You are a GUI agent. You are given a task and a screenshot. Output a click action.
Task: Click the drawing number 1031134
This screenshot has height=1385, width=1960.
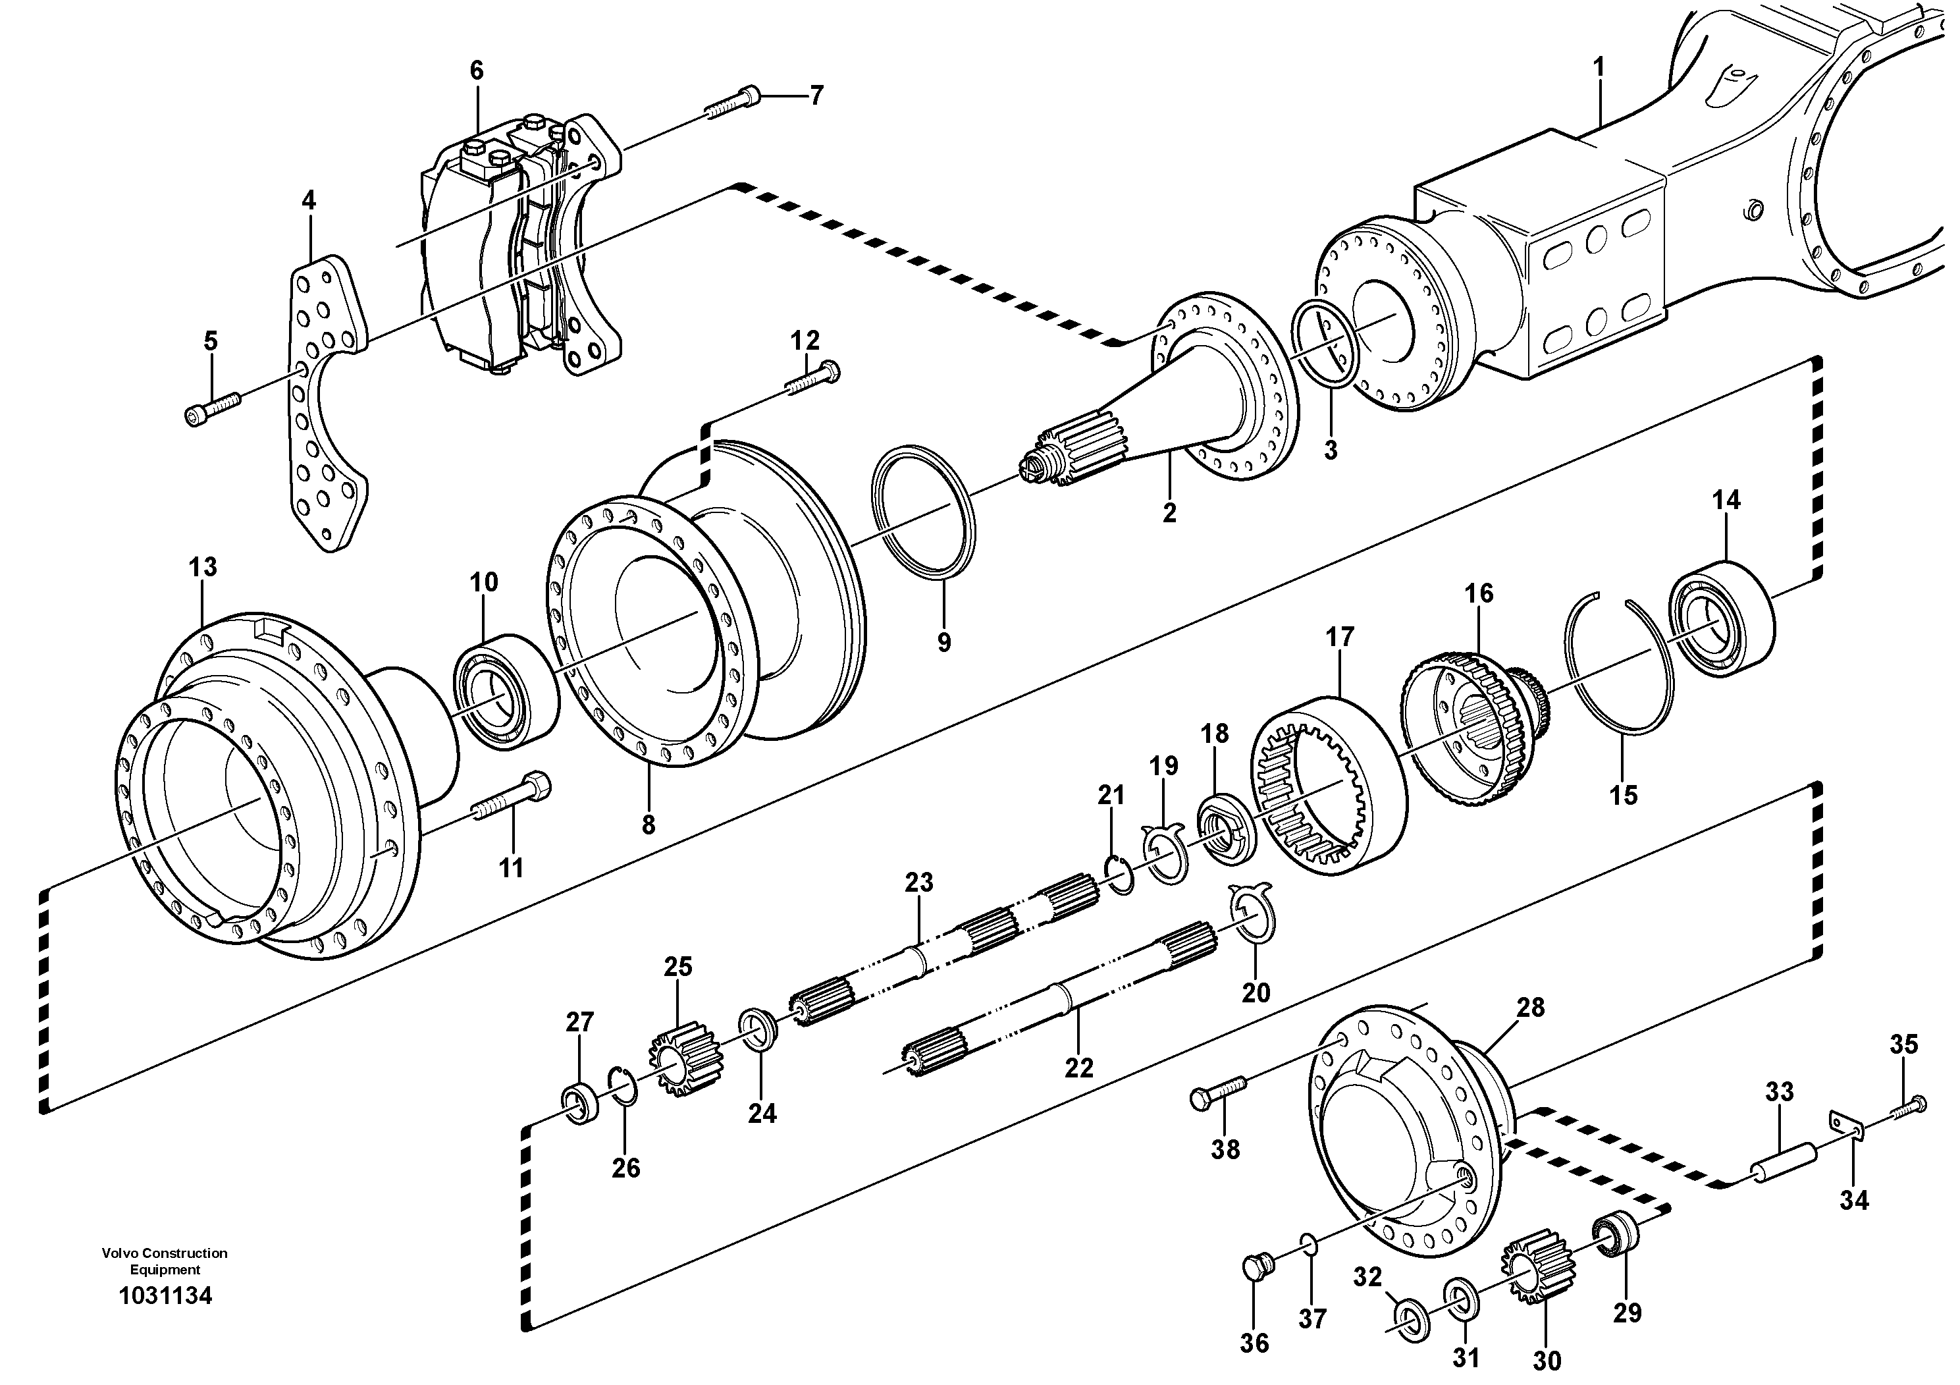point(166,1295)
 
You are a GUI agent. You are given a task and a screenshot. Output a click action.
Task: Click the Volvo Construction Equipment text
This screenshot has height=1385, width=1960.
point(165,1261)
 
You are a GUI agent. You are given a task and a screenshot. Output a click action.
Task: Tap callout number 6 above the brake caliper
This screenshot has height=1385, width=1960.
point(477,70)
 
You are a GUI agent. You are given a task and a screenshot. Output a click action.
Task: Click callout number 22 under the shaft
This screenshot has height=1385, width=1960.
point(1079,1068)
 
